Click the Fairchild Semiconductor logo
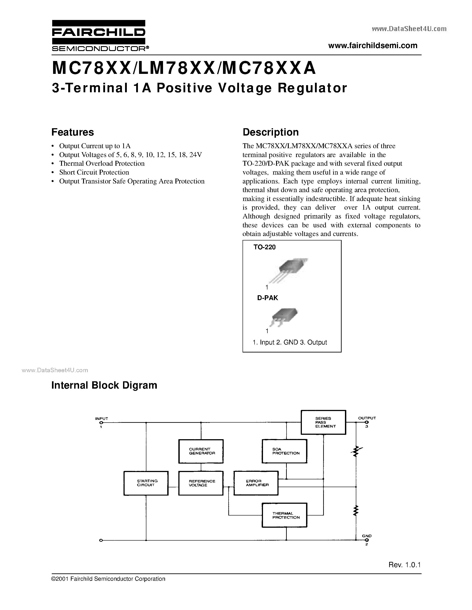pyautogui.click(x=98, y=36)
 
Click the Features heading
pyautogui.click(x=73, y=132)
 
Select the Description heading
pyautogui.click(x=270, y=132)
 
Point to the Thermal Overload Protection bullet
pyautogui.click(x=102, y=163)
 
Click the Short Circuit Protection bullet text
pyautogui.click(x=94, y=172)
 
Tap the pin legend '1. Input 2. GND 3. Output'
pyautogui.click(x=290, y=342)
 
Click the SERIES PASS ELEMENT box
pyautogui.click(x=323, y=422)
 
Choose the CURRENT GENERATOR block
pyautogui.click(x=201, y=451)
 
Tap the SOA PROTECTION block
pyautogui.click(x=284, y=451)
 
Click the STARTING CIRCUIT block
pyautogui.click(x=146, y=483)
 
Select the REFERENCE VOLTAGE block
pyautogui.click(x=201, y=483)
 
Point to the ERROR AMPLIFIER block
pyautogui.click(x=256, y=483)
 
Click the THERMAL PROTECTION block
pyautogui.click(x=284, y=515)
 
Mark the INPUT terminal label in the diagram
pyautogui.click(x=102, y=419)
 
